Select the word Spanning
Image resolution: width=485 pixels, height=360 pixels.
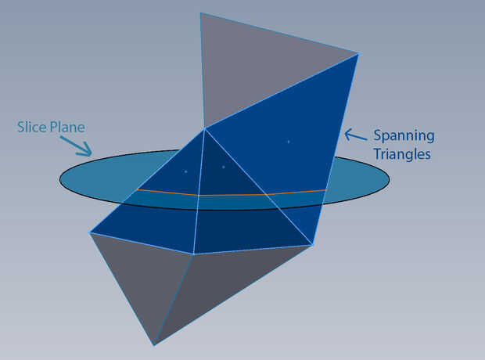point(403,135)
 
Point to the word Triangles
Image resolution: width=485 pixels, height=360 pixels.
point(401,154)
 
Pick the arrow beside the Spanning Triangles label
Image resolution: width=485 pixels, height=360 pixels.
point(354,135)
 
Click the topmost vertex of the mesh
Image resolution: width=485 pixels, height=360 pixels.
point(201,13)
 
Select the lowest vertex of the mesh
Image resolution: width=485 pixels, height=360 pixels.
point(154,344)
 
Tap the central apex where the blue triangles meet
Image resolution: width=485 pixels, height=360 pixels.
point(205,128)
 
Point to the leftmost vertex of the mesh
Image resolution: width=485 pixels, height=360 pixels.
point(90,232)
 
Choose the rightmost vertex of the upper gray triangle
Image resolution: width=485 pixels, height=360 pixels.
point(358,53)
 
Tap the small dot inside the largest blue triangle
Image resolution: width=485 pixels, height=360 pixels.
point(288,142)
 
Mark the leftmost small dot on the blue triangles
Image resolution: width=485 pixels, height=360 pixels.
point(185,171)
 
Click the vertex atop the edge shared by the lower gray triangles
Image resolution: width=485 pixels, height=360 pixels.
point(194,254)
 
